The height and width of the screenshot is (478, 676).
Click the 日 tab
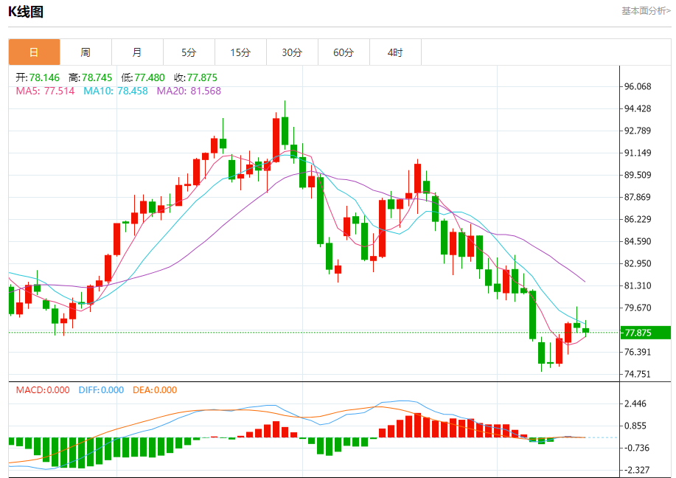click(34, 52)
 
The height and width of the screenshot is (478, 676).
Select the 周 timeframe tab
click(86, 52)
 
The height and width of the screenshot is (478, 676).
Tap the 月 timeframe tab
click(137, 52)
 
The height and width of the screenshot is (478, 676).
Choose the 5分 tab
click(189, 52)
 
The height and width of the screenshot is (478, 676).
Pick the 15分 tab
click(240, 52)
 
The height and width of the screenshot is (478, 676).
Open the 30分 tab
click(292, 52)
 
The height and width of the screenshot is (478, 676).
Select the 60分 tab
click(344, 52)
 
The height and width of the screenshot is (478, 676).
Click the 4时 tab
click(395, 52)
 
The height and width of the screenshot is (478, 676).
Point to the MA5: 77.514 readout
click(45, 91)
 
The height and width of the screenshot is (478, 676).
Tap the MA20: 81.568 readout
click(189, 91)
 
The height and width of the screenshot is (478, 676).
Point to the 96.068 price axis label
click(638, 86)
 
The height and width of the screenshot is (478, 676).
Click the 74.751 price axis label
click(638, 374)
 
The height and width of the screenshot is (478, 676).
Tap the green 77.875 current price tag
click(644, 332)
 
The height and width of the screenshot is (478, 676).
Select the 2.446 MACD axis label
click(635, 403)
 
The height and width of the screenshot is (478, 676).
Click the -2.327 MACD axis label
click(636, 470)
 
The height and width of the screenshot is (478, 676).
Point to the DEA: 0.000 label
click(155, 390)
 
